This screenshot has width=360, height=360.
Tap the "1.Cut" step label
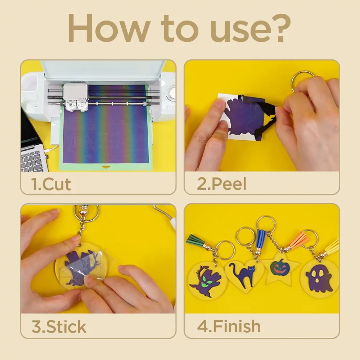[51, 184]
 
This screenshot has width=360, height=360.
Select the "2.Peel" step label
[222, 184]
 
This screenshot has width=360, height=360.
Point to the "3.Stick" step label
[59, 327]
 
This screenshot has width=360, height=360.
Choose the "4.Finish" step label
[229, 326]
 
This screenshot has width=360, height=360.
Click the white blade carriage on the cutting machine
[76, 97]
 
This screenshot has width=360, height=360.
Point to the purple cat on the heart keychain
[243, 275]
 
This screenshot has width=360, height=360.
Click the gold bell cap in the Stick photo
[83, 212]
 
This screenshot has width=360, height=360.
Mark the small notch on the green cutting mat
[105, 167]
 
